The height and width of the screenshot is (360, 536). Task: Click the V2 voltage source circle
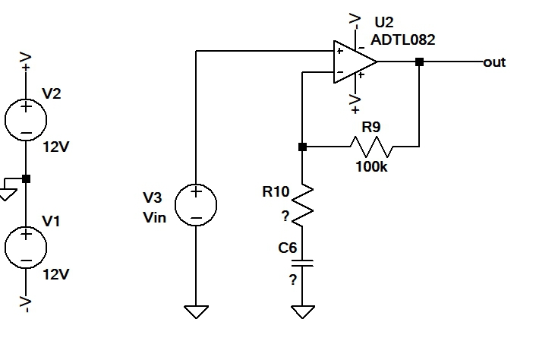click(x=26, y=118)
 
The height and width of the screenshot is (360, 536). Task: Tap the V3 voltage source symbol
click(x=196, y=204)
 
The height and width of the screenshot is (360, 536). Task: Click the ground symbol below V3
click(x=196, y=311)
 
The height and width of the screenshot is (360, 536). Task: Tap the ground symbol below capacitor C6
click(x=302, y=311)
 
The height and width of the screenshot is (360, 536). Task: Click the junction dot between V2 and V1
click(x=26, y=179)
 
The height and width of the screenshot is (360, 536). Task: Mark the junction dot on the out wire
click(x=419, y=63)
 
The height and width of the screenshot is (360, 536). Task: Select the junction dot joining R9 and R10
click(x=302, y=147)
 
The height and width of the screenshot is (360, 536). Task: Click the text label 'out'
click(x=494, y=62)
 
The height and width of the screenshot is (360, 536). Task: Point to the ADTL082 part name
click(x=403, y=39)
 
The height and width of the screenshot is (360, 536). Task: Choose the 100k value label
click(x=370, y=166)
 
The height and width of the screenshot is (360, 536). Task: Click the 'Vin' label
click(x=154, y=216)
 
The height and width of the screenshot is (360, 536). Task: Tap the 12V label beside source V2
click(x=55, y=147)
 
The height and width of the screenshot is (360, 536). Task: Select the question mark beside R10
click(x=285, y=216)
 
